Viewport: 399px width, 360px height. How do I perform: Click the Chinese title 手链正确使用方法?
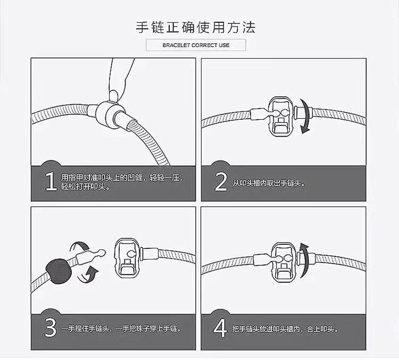pyautogui.click(x=196, y=26)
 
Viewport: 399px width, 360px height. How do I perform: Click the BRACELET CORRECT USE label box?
pyautogui.click(x=196, y=45)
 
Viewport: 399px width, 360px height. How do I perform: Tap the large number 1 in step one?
pyautogui.click(x=50, y=181)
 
